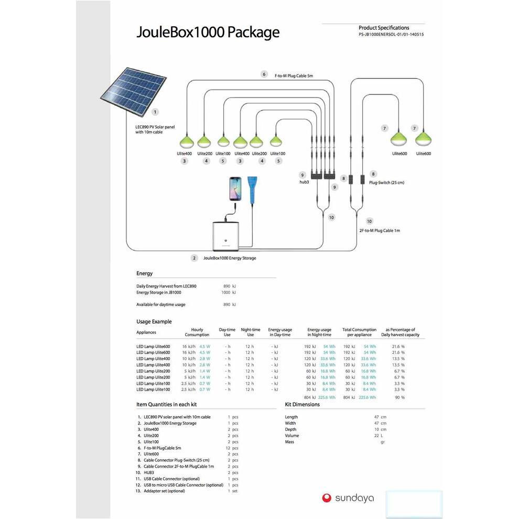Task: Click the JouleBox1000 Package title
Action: click(x=208, y=33)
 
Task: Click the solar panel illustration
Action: click(x=134, y=90)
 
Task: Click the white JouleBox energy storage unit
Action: click(x=226, y=236)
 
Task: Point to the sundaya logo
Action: click(x=348, y=498)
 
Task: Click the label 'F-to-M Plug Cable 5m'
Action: click(x=294, y=75)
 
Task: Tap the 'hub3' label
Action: click(x=304, y=182)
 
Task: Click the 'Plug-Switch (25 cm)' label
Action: click(x=386, y=182)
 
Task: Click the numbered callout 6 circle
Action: click(x=264, y=74)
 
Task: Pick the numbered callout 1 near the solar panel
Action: click(x=155, y=112)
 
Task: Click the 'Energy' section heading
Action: click(x=145, y=274)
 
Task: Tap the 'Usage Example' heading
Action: click(x=154, y=321)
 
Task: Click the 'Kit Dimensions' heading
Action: click(x=302, y=405)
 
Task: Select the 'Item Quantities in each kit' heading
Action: click(x=167, y=405)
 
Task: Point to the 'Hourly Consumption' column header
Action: click(x=197, y=332)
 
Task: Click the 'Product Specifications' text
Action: click(x=384, y=28)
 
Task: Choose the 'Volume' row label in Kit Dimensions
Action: click(x=292, y=436)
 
